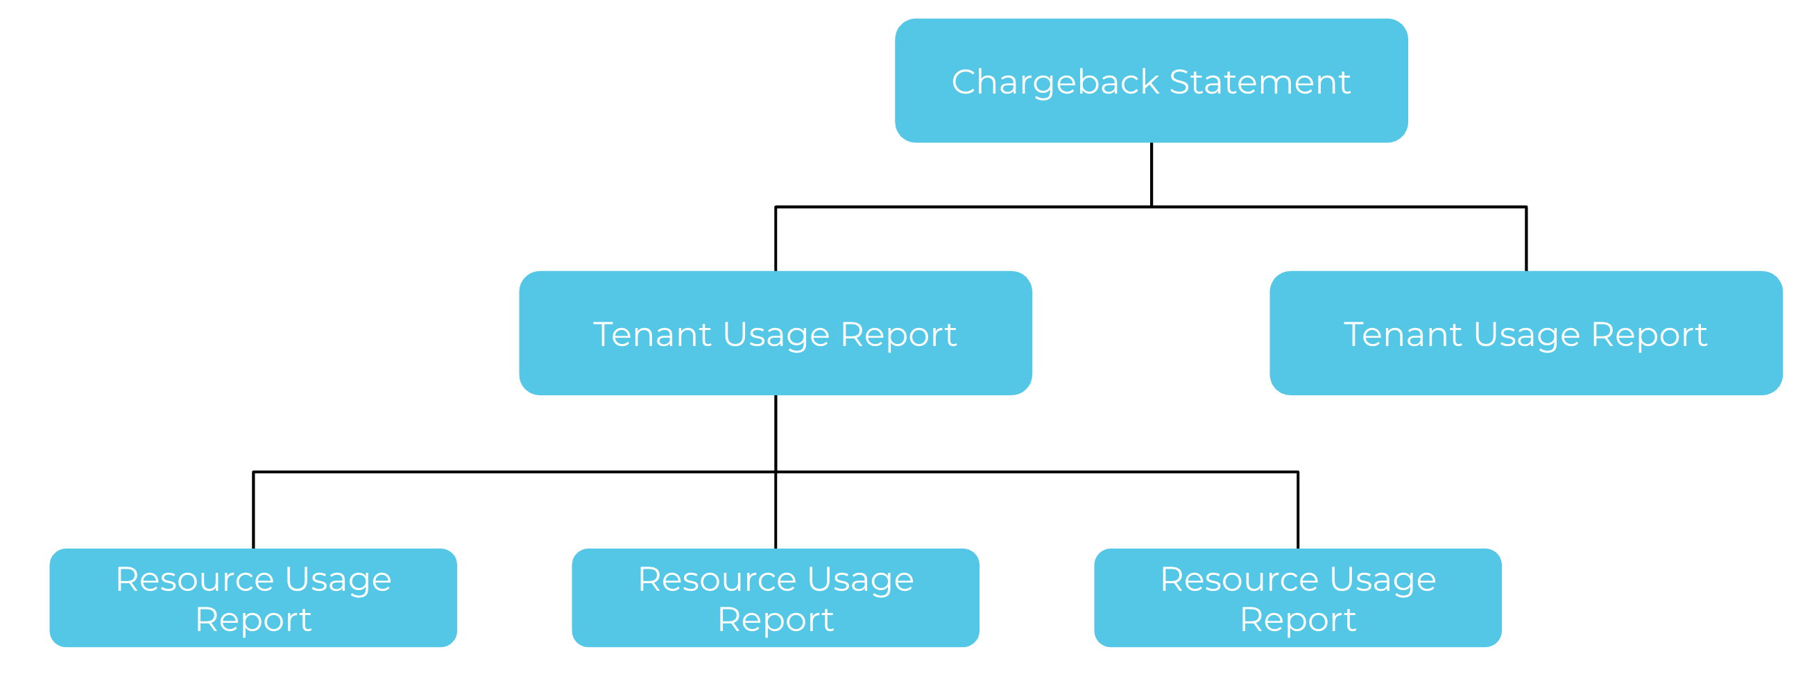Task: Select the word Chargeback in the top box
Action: point(1055,83)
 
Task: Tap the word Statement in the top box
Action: point(1260,83)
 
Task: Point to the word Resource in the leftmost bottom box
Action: point(195,580)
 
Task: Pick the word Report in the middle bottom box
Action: point(776,620)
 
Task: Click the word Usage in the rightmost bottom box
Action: point(1383,580)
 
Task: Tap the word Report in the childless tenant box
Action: point(1649,335)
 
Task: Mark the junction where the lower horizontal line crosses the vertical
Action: point(776,472)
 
